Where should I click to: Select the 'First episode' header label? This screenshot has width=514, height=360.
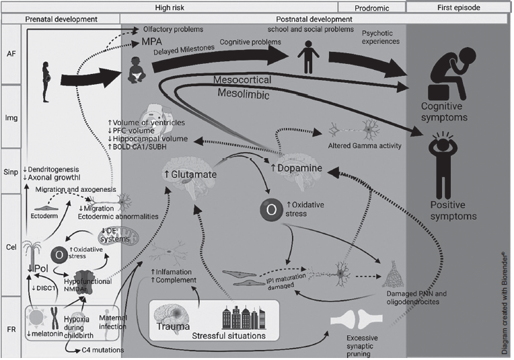(460, 7)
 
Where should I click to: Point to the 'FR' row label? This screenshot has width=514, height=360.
(11, 330)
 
